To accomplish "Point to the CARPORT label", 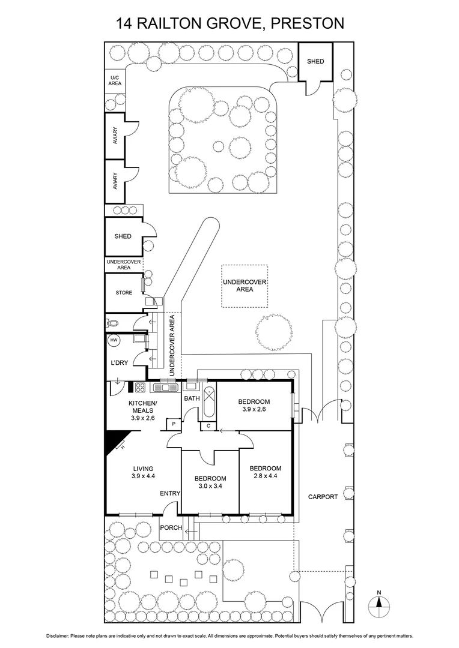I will coord(323,497).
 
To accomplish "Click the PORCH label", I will coord(171,527).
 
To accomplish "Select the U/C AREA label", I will coord(114,80).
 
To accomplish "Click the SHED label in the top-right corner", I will coord(315,61).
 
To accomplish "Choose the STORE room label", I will coord(123,293).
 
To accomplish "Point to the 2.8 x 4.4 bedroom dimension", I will coord(265,477).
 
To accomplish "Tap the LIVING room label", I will coord(144,469).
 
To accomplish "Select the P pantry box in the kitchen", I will coord(174,424).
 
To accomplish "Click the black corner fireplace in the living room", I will coord(112,443).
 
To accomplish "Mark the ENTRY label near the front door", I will coord(170,493).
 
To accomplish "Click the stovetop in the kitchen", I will coord(141,388).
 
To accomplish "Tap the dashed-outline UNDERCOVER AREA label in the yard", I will coord(245,286).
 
